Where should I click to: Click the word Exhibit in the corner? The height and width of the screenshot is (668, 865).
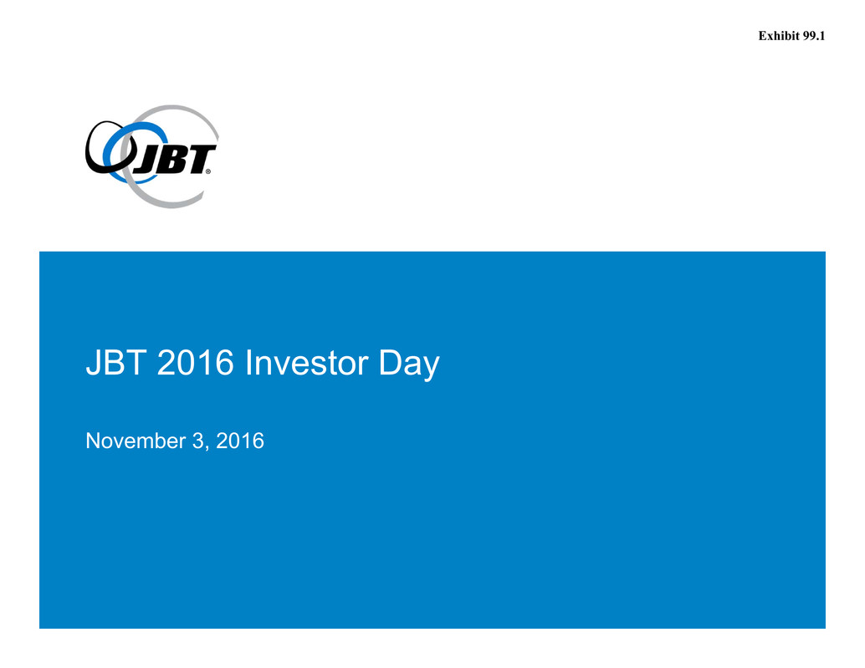(x=779, y=36)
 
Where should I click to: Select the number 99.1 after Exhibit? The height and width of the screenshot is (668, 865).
(x=814, y=36)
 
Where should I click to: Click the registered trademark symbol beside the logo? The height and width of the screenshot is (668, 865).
(x=208, y=171)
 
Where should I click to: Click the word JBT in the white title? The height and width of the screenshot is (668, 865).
(x=115, y=363)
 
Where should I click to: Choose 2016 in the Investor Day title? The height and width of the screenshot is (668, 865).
(x=195, y=363)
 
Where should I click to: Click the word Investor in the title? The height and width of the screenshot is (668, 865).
(x=306, y=363)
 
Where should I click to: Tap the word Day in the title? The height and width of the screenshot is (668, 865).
(x=409, y=365)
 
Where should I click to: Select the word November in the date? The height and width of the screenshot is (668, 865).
(x=136, y=441)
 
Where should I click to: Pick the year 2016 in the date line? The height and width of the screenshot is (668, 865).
(x=240, y=441)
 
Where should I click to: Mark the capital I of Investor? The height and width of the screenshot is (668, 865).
(x=248, y=363)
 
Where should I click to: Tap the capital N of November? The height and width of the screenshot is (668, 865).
(x=93, y=441)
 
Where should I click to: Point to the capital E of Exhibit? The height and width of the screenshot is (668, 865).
(x=762, y=36)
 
